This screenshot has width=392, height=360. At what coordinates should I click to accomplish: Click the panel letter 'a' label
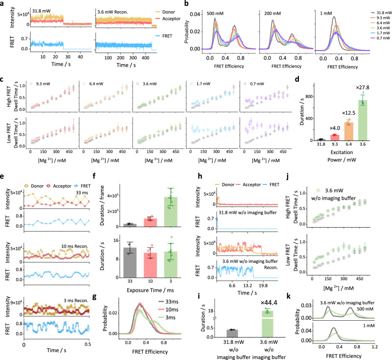click(3, 4)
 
